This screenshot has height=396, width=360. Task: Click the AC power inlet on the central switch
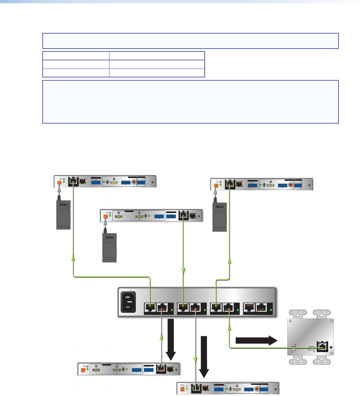pos(128,302)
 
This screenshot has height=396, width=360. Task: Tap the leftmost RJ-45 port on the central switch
pos(150,308)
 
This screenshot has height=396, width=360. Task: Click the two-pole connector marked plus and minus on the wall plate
pos(294,348)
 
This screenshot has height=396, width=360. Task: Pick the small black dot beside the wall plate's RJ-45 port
pos(331,347)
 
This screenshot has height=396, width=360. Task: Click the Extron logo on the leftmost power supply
pos(64,204)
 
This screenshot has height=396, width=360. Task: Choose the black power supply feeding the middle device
pos(109,247)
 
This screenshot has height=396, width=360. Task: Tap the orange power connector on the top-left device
pos(59,183)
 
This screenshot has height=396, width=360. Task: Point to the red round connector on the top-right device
pos(291,185)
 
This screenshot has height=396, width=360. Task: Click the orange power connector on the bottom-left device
pos(83,370)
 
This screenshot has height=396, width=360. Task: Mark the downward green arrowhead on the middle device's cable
pos(183,270)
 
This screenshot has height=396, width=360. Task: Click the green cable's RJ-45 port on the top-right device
pos(230,185)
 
